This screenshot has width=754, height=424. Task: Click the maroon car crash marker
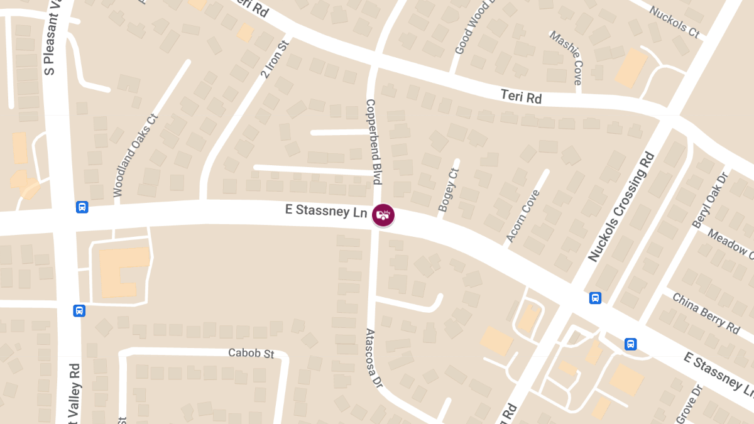tap(383, 215)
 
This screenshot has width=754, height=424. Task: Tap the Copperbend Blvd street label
tap(374, 142)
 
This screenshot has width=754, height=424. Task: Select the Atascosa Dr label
tap(374, 357)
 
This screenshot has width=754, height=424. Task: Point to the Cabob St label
tap(251, 353)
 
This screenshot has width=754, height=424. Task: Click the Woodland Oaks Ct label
tap(135, 155)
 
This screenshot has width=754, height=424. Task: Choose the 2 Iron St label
tap(273, 57)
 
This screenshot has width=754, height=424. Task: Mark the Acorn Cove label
tap(523, 215)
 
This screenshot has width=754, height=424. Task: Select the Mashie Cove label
tap(566, 58)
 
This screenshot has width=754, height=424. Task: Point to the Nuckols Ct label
tap(674, 22)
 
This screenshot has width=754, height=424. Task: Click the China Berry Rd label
tap(706, 312)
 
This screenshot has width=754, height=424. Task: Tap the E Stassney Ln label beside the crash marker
tap(326, 210)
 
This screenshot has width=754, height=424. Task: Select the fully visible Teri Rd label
tap(521, 97)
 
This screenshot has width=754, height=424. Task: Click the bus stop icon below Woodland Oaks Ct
tap(82, 207)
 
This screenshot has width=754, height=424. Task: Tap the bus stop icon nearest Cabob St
tap(79, 310)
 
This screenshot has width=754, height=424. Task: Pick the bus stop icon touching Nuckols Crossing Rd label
tap(594, 298)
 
